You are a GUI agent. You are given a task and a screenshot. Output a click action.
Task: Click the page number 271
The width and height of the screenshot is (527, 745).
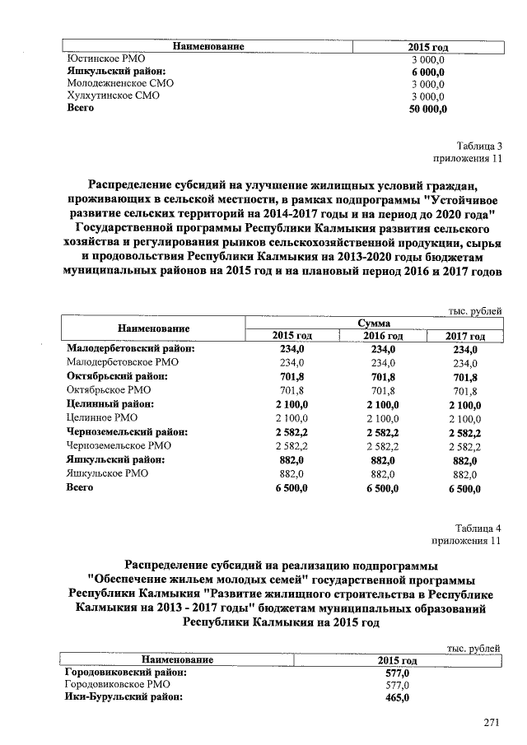(x=492, y=723)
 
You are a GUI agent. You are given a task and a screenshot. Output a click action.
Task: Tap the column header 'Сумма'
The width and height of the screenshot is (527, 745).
(x=375, y=324)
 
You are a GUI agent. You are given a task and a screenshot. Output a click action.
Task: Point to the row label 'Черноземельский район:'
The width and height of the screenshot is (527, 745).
(x=127, y=431)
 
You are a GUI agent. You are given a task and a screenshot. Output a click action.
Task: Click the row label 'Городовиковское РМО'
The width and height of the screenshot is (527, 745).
(x=117, y=684)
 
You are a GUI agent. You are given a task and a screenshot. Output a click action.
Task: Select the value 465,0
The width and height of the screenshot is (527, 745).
(x=398, y=697)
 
